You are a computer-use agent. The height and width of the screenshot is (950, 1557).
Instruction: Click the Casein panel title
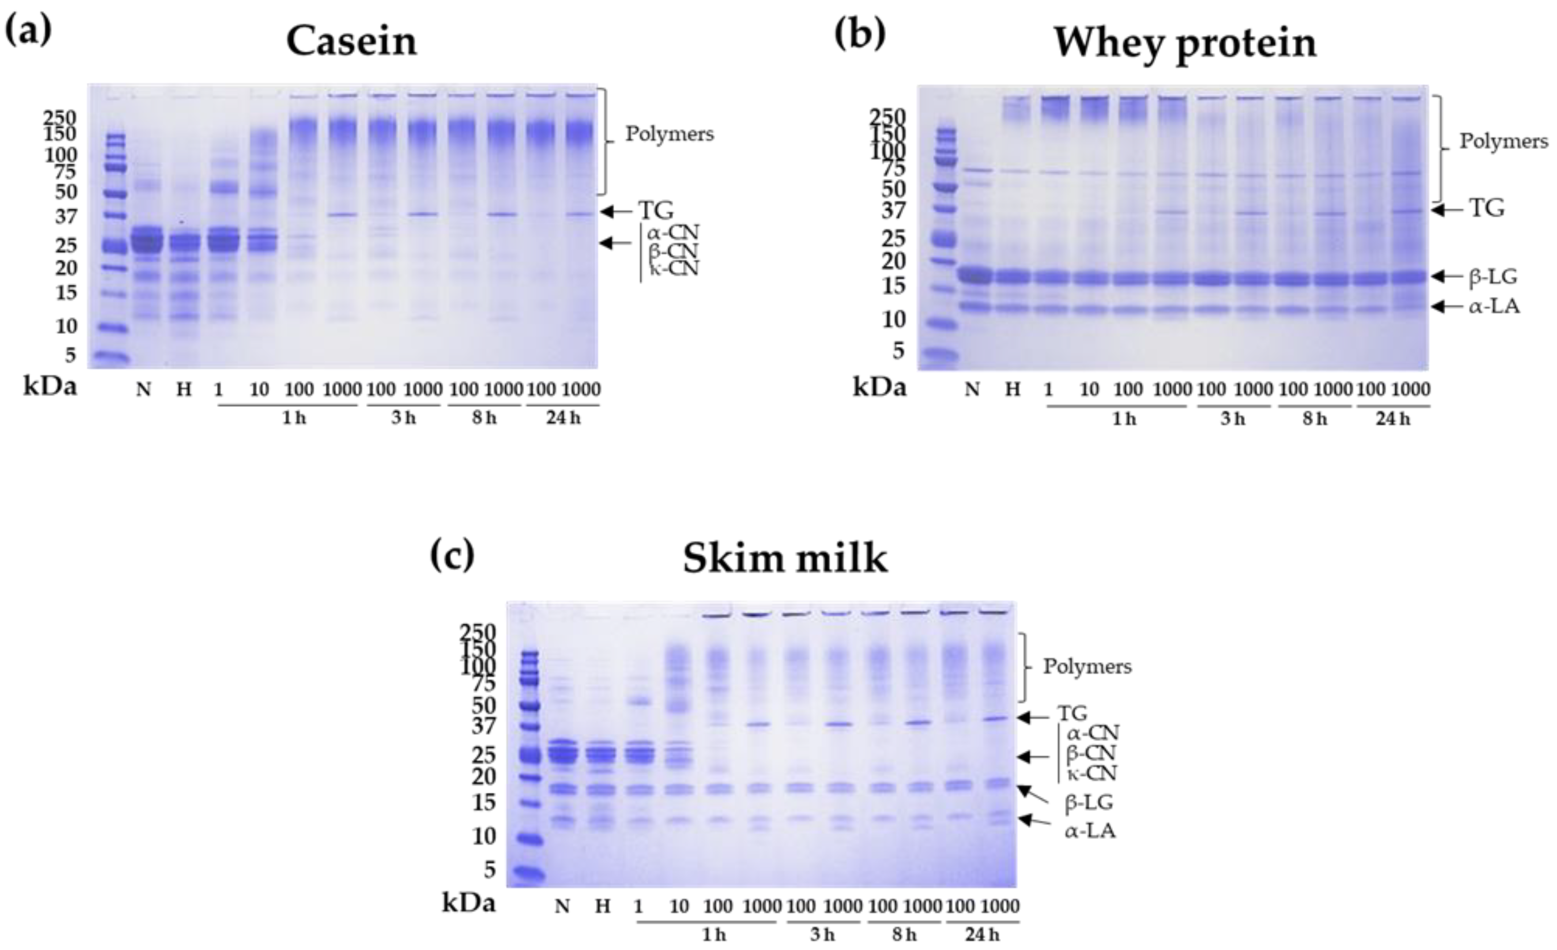pos(351,42)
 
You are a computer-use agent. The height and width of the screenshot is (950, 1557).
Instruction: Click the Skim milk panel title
pos(785,559)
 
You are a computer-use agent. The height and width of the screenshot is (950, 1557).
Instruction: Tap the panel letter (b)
pos(860,33)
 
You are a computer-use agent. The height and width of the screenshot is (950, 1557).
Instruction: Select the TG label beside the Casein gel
pos(655,211)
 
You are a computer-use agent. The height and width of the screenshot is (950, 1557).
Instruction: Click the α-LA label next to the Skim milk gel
pos(1090,831)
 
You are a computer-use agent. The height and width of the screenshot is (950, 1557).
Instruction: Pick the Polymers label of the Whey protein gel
pos(1503,141)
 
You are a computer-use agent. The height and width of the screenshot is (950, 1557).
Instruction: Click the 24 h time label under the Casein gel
pos(563,418)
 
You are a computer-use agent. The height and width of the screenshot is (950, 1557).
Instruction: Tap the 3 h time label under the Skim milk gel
pos(822,935)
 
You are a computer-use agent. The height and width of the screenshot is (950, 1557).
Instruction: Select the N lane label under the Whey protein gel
pos(973,390)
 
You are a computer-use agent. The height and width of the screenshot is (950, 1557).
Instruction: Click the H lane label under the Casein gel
pos(183,390)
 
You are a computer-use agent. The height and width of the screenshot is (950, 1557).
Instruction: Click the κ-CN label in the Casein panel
pos(674,269)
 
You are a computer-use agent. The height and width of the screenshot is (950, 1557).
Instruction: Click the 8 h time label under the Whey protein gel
pos(1314,418)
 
